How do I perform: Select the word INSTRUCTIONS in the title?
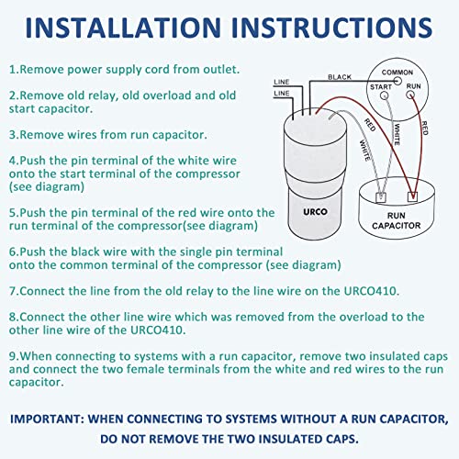(334, 28)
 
